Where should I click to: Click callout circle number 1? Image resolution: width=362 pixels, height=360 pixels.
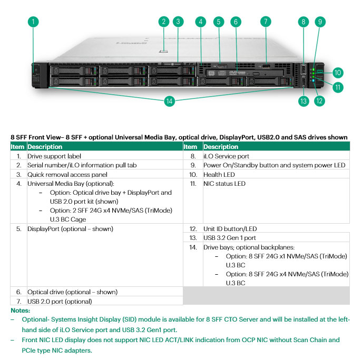click(33, 22)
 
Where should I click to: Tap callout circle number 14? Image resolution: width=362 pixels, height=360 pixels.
click(169, 102)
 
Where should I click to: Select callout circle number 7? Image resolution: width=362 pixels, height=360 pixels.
click(266, 22)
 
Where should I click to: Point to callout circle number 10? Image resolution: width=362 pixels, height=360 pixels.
click(338, 73)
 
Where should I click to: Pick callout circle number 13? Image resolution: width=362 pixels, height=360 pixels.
click(303, 102)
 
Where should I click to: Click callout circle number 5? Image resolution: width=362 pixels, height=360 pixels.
click(219, 22)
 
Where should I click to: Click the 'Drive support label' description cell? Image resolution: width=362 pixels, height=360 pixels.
click(54, 156)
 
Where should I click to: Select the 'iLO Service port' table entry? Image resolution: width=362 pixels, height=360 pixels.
click(226, 156)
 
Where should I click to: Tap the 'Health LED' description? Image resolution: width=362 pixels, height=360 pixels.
click(219, 175)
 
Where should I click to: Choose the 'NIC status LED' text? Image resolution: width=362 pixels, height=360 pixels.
click(224, 184)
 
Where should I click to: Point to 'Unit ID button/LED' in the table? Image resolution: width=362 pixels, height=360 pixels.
click(230, 229)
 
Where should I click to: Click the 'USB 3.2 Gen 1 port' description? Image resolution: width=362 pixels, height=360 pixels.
click(230, 238)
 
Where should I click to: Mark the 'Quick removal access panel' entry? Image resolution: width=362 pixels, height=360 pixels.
click(67, 175)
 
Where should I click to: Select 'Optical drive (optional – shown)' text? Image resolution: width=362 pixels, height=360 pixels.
click(73, 292)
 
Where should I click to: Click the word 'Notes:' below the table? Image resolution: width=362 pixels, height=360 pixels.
click(20, 311)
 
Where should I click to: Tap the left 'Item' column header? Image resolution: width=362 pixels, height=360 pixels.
click(18, 147)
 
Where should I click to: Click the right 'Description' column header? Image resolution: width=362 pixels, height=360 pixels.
click(221, 147)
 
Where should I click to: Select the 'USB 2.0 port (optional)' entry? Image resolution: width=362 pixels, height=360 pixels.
click(60, 301)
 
